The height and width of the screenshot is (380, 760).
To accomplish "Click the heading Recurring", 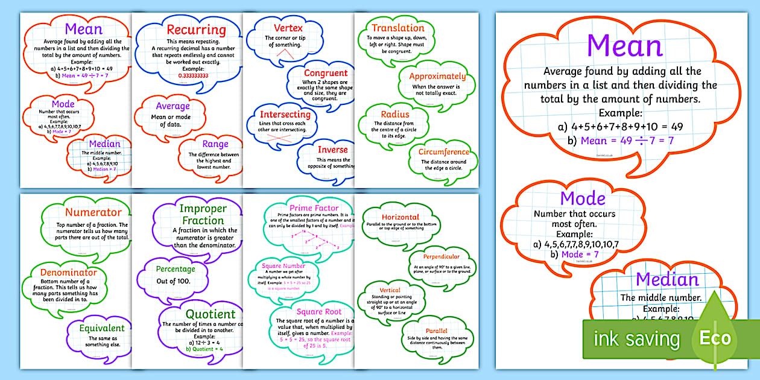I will (196, 30).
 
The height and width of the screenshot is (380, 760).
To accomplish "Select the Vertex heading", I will (288, 28).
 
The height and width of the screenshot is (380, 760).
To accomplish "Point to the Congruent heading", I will (326, 73).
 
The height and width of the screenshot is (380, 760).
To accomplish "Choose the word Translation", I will (398, 28).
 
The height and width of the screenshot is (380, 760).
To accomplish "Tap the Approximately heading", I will (437, 77).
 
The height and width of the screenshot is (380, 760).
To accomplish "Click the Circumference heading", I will (443, 152).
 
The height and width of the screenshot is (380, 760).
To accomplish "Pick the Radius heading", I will (395, 114).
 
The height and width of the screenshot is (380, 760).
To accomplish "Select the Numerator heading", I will (93, 212).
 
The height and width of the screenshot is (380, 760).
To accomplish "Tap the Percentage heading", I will (176, 269).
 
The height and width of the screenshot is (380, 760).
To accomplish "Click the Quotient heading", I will (211, 314).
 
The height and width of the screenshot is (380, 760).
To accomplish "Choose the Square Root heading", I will (319, 311).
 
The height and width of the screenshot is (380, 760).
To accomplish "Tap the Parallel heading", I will (436, 331).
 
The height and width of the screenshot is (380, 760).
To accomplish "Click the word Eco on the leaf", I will (715, 338).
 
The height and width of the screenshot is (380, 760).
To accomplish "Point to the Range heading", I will (215, 144).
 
